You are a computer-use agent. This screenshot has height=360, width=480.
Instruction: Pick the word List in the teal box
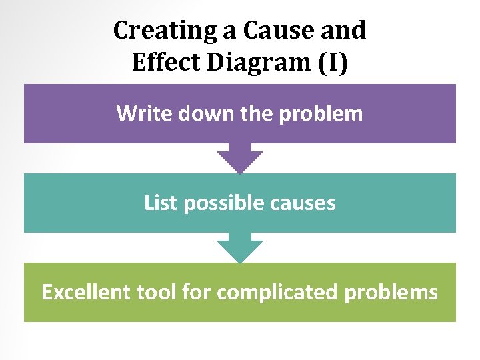tap(161, 203)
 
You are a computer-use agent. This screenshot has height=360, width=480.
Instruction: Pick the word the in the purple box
tap(256, 113)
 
